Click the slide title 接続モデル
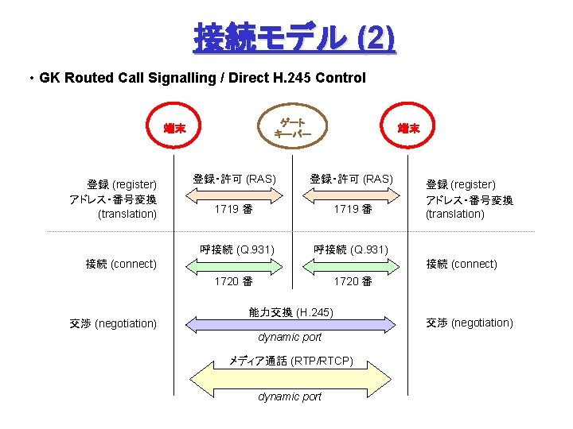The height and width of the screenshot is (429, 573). click(x=269, y=37)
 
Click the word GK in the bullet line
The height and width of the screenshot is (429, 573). click(x=49, y=78)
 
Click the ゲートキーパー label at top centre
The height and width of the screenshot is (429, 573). click(x=291, y=128)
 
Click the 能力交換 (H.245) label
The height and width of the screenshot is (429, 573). click(x=291, y=311)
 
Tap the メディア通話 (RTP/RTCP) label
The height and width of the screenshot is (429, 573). click(x=291, y=361)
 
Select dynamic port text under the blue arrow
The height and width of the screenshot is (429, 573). click(x=290, y=337)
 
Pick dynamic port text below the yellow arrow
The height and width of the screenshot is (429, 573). click(x=290, y=396)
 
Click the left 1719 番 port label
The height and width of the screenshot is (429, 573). click(x=233, y=209)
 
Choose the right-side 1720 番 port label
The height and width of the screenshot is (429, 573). click(x=353, y=280)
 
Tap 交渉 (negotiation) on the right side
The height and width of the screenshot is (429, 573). click(x=470, y=323)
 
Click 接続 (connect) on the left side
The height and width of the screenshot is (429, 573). click(x=121, y=264)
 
